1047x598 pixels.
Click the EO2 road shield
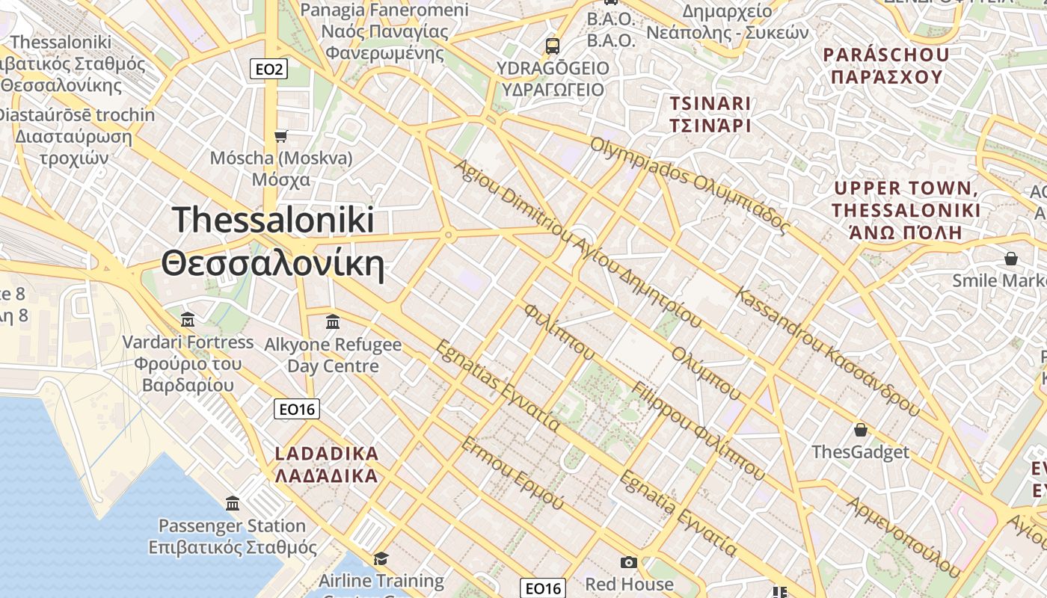[x=268, y=70]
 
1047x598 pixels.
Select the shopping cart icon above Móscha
[x=281, y=136]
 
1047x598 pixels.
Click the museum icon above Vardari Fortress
[x=188, y=320]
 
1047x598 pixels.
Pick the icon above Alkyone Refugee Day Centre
[x=333, y=322]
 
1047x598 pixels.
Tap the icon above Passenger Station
[x=233, y=503]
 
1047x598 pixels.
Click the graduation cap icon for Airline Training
[x=381, y=559]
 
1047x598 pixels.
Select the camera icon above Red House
[x=629, y=562]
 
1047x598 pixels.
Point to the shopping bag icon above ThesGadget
[x=861, y=430]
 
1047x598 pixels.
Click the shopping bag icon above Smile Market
[x=1011, y=259]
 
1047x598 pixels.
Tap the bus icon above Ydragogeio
[x=553, y=46]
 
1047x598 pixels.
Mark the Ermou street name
[x=512, y=473]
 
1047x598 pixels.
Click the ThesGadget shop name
[x=861, y=452]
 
